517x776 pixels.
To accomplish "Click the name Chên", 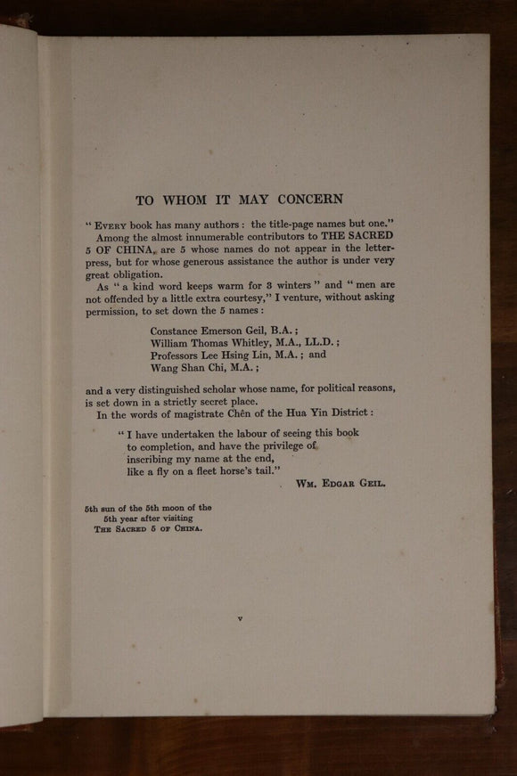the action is [x=276, y=413].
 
